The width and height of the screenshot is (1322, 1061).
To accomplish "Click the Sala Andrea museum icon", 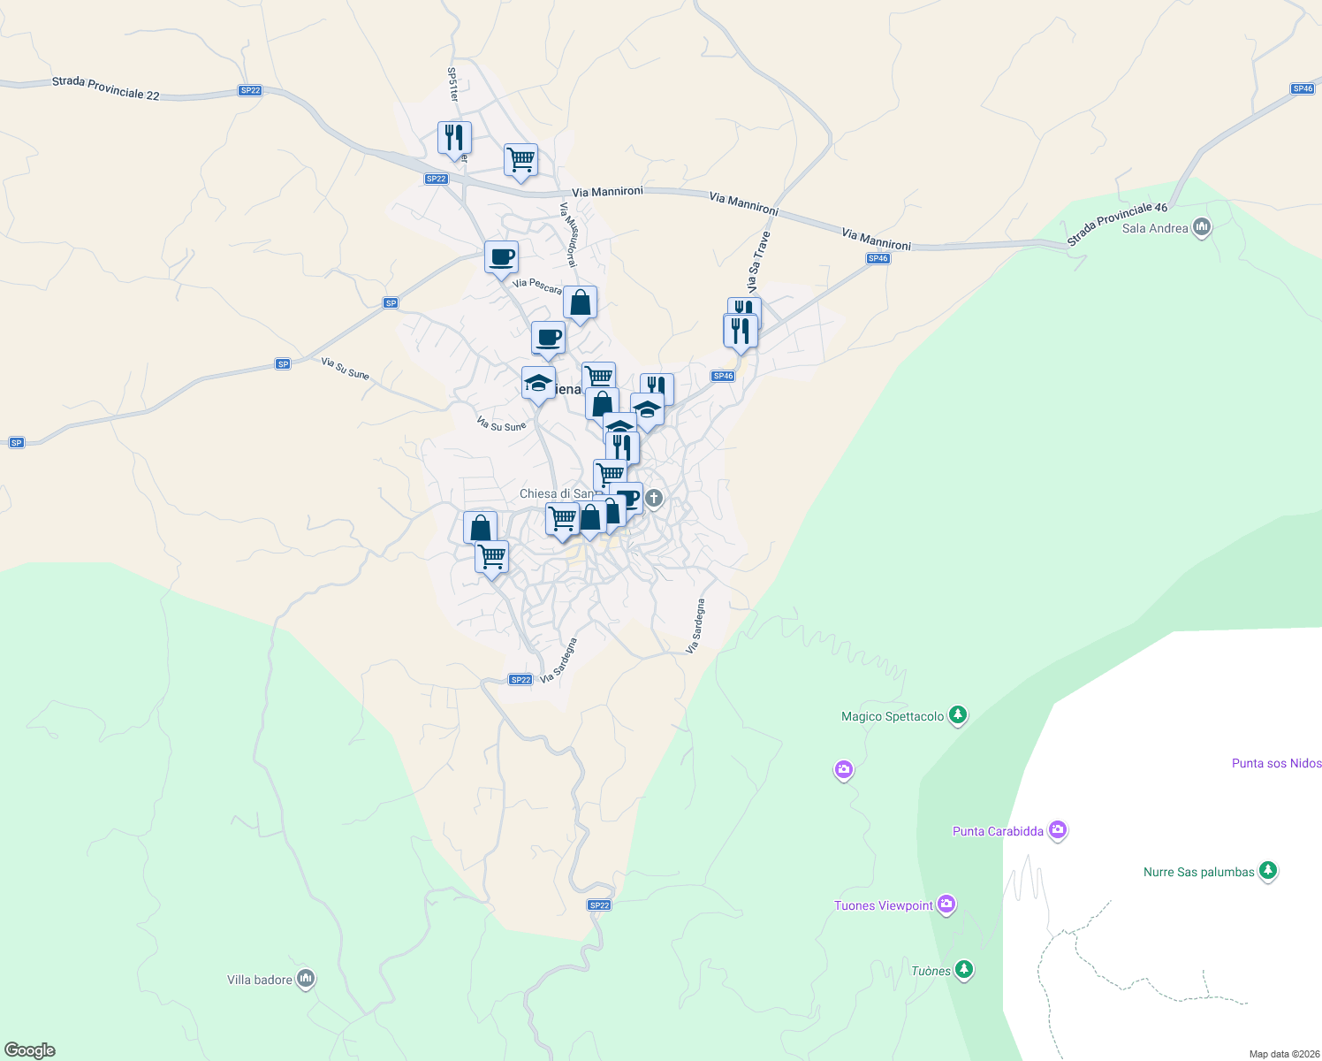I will pyautogui.click(x=1201, y=227).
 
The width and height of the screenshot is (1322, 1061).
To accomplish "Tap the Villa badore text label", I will pyautogui.click(x=259, y=980).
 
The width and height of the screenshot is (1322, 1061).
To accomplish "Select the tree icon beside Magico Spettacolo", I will pyautogui.click(x=958, y=715).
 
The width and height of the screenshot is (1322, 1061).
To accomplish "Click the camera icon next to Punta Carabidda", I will pyautogui.click(x=1058, y=830).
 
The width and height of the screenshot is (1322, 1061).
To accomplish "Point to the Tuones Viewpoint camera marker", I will pyautogui.click(x=946, y=904).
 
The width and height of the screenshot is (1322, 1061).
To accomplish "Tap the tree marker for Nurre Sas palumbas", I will pyautogui.click(x=1268, y=871).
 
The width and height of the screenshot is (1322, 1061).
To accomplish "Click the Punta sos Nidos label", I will pyautogui.click(x=1276, y=763).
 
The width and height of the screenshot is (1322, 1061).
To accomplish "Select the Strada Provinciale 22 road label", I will pyautogui.click(x=105, y=88).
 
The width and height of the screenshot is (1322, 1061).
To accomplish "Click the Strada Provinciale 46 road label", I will pyautogui.click(x=1117, y=224).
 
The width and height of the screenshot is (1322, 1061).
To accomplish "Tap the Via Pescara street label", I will pyautogui.click(x=537, y=286).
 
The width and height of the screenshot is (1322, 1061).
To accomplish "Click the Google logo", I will pyautogui.click(x=30, y=1050).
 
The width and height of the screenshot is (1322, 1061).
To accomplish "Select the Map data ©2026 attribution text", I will pyautogui.click(x=1284, y=1054).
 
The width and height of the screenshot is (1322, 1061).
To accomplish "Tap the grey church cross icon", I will pyautogui.click(x=653, y=498).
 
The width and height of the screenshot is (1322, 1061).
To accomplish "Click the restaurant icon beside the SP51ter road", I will pyautogui.click(x=454, y=138).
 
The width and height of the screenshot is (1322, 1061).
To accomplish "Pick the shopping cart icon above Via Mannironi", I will pyautogui.click(x=520, y=160).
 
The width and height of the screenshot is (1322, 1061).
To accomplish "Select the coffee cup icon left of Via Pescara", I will pyautogui.click(x=501, y=257).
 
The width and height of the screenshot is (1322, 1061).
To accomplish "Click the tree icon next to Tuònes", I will pyautogui.click(x=964, y=970).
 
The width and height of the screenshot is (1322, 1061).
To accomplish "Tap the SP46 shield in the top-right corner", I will pyautogui.click(x=1303, y=88).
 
